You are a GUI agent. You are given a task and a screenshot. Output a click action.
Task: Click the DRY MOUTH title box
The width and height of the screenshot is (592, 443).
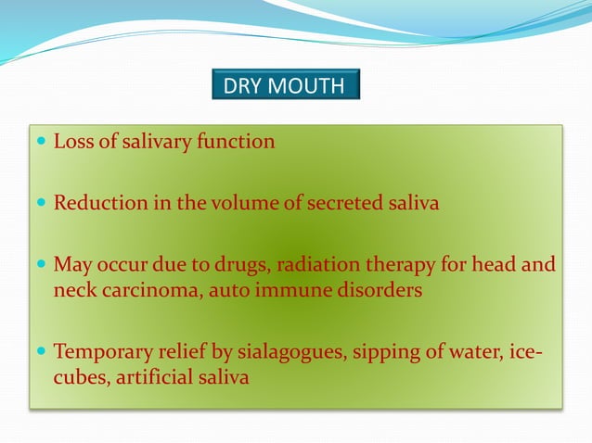pyautogui.click(x=285, y=87)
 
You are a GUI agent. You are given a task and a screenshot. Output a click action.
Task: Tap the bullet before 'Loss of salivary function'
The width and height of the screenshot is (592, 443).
pyautogui.click(x=41, y=142)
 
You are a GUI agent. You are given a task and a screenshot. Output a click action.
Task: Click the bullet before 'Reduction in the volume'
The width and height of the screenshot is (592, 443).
pyautogui.click(x=41, y=203)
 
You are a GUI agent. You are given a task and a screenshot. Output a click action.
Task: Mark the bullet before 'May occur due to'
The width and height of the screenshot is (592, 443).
pyautogui.click(x=41, y=266)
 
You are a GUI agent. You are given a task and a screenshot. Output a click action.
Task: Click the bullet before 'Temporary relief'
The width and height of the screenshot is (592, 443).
pyautogui.click(x=41, y=352)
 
